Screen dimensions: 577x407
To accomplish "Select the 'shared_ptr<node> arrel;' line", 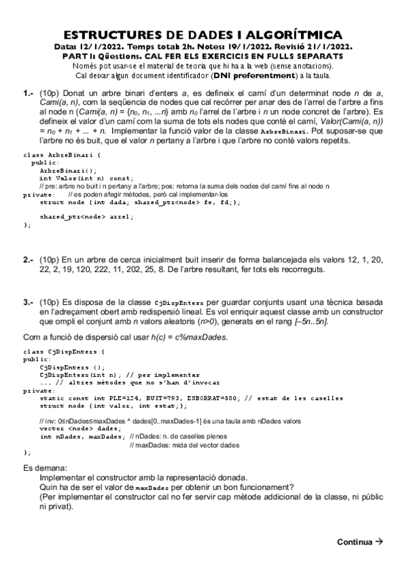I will coord(86,216).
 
